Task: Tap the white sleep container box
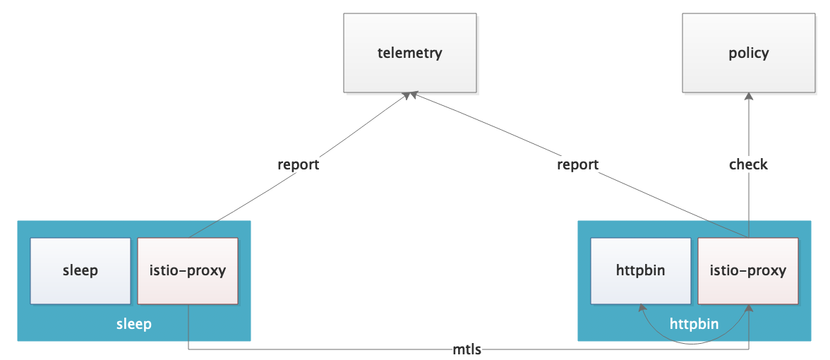(80, 271)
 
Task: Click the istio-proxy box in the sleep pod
(188, 271)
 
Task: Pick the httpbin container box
(640, 271)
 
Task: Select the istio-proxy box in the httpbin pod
(748, 271)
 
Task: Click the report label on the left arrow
(298, 164)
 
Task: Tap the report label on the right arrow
(577, 164)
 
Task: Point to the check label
(748, 164)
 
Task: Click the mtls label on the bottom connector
(467, 349)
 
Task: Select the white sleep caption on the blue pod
(134, 324)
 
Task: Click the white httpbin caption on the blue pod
(694, 324)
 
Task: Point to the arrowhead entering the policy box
(748, 98)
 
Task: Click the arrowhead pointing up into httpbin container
(641, 309)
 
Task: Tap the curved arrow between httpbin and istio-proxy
(694, 343)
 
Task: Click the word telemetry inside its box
(409, 53)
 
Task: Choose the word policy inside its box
(748, 53)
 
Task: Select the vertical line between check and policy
(748, 131)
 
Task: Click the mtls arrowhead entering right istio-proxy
(748, 310)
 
